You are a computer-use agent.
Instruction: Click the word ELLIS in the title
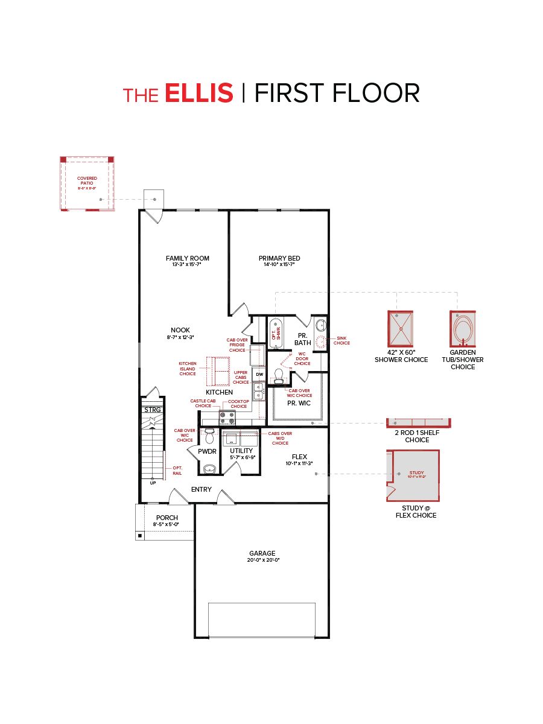[198, 94]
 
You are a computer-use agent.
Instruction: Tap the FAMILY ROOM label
[188, 258]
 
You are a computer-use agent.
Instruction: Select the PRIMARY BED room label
[279, 258]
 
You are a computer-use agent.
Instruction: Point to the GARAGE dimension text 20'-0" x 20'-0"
[262, 560]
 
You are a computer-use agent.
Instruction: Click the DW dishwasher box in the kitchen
[259, 375]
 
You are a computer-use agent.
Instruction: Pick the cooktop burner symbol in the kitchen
[227, 418]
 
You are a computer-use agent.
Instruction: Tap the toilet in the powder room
[209, 436]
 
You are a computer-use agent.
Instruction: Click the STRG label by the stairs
[153, 410]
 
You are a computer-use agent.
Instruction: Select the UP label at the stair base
[153, 483]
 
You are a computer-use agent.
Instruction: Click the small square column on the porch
[140, 535]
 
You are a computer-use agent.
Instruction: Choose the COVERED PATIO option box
[87, 183]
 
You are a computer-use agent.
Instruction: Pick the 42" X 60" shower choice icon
[401, 328]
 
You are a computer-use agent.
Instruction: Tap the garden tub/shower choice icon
[463, 328]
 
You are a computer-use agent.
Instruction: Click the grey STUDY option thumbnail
[413, 475]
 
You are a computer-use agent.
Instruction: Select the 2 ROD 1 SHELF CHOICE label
[417, 436]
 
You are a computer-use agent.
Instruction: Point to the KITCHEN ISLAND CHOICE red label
[188, 369]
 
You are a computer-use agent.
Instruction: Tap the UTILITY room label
[241, 451]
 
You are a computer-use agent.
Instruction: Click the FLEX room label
[300, 457]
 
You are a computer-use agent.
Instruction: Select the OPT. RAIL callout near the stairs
[177, 471]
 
